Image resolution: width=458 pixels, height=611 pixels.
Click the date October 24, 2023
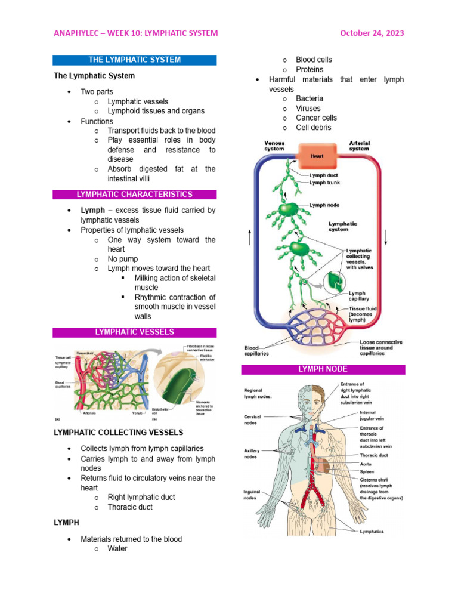click(x=372, y=33)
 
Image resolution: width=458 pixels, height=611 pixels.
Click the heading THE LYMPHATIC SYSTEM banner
click(x=134, y=60)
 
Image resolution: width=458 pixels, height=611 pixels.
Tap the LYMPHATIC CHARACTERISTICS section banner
click(x=134, y=195)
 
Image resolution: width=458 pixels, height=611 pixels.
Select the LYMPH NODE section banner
click(x=323, y=369)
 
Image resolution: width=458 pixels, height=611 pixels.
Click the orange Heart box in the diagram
click(x=317, y=156)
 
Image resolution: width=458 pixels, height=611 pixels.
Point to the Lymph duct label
click(x=324, y=175)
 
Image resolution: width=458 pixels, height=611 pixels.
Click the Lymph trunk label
click(x=325, y=183)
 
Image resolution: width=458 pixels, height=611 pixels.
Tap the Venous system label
click(x=274, y=146)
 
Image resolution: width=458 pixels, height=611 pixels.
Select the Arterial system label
click(x=359, y=146)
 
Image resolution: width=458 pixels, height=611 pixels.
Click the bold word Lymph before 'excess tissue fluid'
click(x=91, y=211)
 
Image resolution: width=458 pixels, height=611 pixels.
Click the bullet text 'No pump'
click(x=122, y=259)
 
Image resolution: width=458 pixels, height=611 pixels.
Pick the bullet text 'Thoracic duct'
click(x=130, y=507)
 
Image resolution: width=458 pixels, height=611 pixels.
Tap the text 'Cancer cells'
click(x=316, y=118)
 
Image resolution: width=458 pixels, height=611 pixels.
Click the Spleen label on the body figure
click(x=367, y=471)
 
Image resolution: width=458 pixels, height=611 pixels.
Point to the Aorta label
click(x=367, y=463)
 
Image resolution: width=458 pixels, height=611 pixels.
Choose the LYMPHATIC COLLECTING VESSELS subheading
click(x=119, y=432)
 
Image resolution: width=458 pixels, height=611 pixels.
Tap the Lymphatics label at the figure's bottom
click(x=372, y=532)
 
